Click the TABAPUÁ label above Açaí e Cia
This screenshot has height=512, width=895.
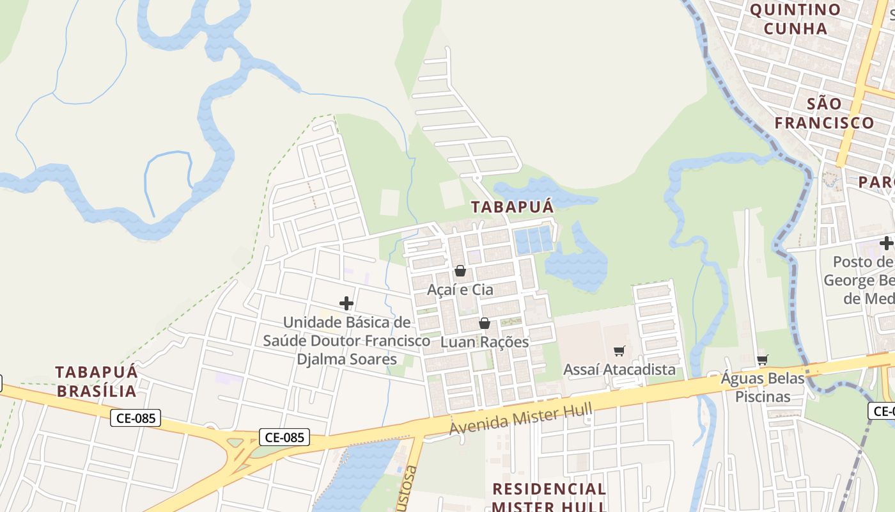click(512, 207)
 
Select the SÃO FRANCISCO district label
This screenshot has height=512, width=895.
click(824, 113)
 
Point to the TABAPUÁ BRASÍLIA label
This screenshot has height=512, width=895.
click(97, 381)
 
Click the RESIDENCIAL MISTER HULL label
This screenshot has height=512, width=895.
click(549, 498)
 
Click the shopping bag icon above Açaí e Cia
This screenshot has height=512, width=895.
click(460, 271)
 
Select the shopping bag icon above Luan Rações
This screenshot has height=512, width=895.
click(485, 323)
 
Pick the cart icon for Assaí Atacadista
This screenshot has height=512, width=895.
click(619, 351)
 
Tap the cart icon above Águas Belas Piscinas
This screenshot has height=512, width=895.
click(762, 360)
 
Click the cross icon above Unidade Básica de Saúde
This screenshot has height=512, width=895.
click(346, 303)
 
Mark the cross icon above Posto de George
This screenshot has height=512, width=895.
click(886, 243)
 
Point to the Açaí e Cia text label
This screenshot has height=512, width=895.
click(460, 290)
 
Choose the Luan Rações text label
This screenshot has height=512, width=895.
click(485, 342)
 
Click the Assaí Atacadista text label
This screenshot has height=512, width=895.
click(619, 370)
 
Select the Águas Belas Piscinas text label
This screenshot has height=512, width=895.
click(763, 387)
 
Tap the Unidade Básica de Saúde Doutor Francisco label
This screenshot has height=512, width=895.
click(346, 340)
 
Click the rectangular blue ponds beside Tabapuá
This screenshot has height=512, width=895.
click(533, 240)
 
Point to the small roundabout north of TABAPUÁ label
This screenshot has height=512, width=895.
click(476, 177)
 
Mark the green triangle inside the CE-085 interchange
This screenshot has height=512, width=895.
click(235, 442)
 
